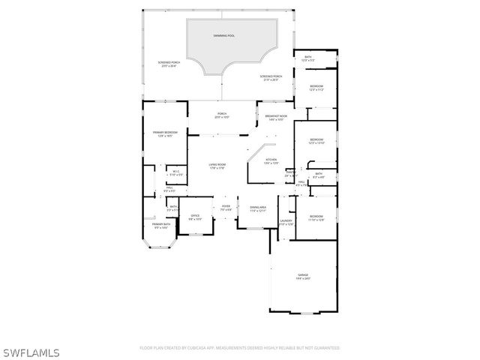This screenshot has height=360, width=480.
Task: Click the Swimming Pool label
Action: [x=223, y=35]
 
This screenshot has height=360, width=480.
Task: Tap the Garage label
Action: [x=302, y=275]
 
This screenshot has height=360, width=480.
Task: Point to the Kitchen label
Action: [x=271, y=159]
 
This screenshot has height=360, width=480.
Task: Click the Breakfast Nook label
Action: [x=276, y=116]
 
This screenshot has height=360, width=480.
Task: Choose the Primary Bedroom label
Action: [x=165, y=132]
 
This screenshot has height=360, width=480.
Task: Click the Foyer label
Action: [x=226, y=206]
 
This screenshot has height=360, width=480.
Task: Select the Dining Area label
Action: [x=258, y=207]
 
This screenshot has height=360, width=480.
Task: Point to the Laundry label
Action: [x=286, y=220]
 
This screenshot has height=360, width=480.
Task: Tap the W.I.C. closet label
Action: [x=175, y=171]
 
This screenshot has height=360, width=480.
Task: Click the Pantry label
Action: [x=290, y=172]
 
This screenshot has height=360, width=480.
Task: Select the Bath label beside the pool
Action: [x=308, y=57]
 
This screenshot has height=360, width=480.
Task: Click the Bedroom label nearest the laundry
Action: [x=316, y=216]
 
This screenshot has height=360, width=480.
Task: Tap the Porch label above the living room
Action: [x=222, y=113]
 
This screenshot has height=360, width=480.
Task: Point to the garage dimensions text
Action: [x=302, y=279]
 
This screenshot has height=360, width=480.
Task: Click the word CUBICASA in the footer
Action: [x=192, y=348]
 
